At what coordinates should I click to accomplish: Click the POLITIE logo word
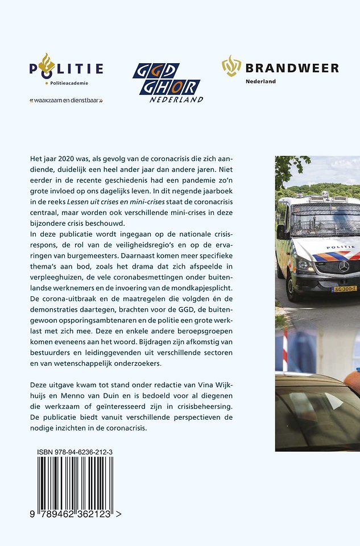(67, 69)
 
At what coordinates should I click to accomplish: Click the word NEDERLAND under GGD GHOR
(177, 99)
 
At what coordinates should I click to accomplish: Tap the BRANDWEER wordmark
(292, 68)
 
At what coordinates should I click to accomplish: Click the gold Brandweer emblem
(231, 65)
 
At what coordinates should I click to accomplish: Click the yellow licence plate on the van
(345, 289)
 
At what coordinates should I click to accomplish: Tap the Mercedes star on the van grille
(344, 266)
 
